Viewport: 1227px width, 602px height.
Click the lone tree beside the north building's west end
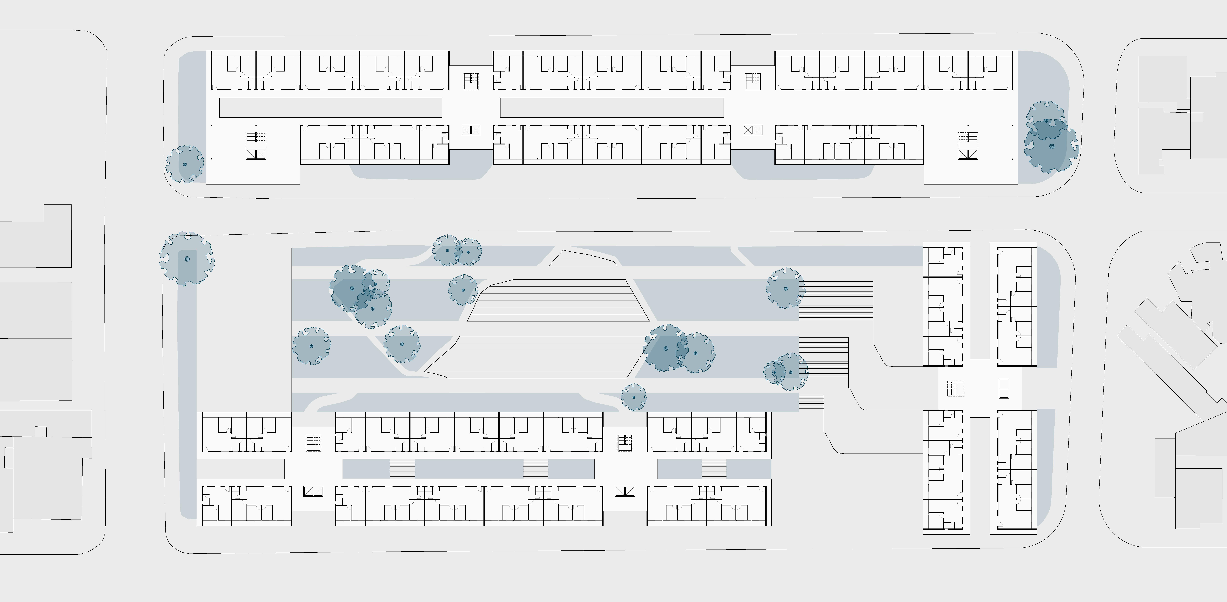(x=185, y=164)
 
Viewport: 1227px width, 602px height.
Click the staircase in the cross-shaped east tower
(x=955, y=389)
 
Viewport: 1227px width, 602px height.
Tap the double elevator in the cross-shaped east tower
(x=1004, y=388)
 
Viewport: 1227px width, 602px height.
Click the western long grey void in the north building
(x=330, y=108)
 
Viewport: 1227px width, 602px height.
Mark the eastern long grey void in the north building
(x=612, y=108)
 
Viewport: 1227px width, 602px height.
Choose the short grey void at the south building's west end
(x=241, y=469)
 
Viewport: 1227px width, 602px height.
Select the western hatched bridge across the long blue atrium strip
(x=402, y=469)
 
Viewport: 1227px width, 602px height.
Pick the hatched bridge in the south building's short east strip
(x=714, y=469)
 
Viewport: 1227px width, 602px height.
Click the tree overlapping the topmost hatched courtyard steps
(x=785, y=288)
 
